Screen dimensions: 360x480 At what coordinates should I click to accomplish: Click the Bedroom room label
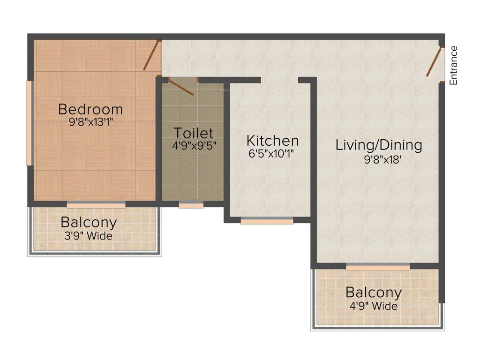90,110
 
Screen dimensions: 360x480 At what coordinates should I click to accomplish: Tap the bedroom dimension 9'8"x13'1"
90,123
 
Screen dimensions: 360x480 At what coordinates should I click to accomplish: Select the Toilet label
194,133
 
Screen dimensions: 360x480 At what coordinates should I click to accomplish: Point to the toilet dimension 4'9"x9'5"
194,145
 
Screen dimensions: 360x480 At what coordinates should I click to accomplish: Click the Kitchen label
272,140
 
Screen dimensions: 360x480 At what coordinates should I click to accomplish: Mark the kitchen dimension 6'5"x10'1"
272,153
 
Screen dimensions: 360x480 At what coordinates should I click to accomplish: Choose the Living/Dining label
379,145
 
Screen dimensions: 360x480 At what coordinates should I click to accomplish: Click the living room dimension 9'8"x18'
379,159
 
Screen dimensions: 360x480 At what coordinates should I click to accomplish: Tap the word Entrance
453,65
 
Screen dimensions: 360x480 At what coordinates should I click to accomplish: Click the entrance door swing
434,61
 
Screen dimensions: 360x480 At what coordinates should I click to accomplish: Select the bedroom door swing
151,56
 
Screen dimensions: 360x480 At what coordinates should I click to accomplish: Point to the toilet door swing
181,88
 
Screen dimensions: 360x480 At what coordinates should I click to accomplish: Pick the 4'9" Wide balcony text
374,307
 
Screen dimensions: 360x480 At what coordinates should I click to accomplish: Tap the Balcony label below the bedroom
89,222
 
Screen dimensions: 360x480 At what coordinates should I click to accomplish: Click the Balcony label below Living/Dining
374,293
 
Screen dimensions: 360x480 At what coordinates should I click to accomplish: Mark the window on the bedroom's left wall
29,123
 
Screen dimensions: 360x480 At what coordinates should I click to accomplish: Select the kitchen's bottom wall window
267,221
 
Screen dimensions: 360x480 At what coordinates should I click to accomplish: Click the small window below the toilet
191,205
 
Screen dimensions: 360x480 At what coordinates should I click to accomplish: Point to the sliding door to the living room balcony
378,267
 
